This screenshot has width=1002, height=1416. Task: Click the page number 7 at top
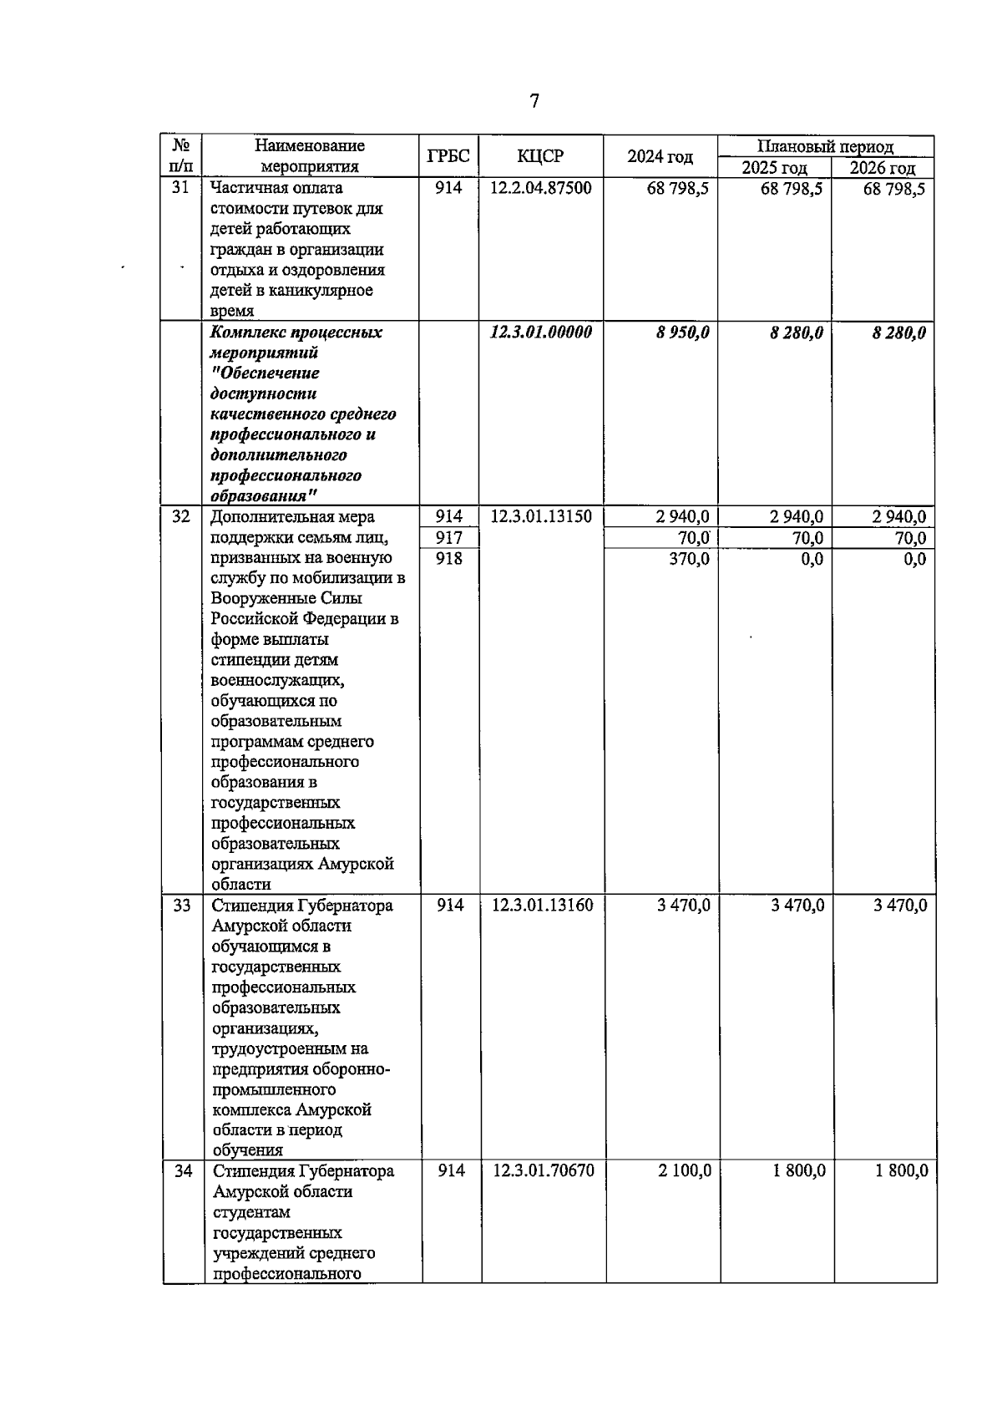click(534, 102)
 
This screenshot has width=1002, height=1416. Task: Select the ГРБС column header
click(448, 156)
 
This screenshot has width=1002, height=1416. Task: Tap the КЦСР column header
click(540, 156)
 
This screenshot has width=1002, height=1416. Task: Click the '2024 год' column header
click(660, 156)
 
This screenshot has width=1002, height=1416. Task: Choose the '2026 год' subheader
click(883, 167)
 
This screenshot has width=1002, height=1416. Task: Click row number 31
click(180, 188)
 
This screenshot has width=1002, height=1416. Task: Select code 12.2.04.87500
click(540, 188)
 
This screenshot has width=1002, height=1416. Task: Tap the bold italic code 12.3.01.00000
click(540, 332)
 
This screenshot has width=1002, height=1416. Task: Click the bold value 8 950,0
click(682, 332)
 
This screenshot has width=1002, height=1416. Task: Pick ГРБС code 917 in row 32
click(448, 538)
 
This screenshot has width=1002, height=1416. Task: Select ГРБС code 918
click(448, 558)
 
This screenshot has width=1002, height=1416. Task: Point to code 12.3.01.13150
click(540, 517)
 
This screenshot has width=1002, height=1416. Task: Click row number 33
click(181, 906)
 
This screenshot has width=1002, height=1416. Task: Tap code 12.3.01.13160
click(542, 906)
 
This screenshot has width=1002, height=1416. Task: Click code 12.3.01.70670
click(543, 1171)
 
